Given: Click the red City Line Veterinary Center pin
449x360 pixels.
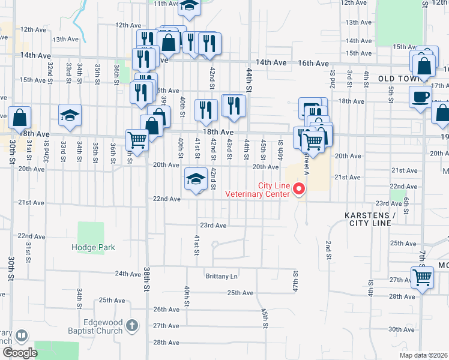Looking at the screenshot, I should (x=298, y=190).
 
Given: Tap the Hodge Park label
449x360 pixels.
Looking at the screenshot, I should (x=93, y=247).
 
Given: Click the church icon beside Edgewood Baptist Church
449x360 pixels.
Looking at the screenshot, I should (x=132, y=326).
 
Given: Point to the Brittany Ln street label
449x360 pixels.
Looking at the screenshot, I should (x=221, y=277).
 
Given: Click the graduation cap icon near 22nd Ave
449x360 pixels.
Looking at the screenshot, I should (x=196, y=179).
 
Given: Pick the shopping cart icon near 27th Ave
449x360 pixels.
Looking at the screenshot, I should (x=423, y=278).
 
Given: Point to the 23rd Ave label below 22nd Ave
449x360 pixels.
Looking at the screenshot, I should (x=212, y=226).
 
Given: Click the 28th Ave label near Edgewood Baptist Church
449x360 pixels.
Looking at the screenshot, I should (x=167, y=343).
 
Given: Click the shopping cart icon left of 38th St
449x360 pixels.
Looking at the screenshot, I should (x=137, y=141).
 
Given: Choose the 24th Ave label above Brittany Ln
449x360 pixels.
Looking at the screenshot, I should (x=128, y=274).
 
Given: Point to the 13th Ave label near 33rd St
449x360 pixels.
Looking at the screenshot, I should (x=66, y=39).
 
